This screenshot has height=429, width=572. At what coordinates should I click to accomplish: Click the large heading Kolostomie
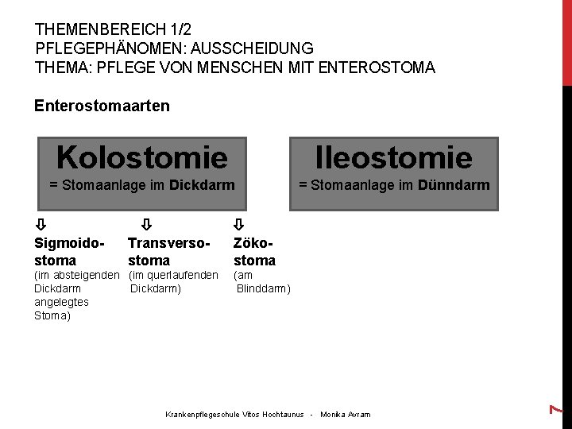[141, 157]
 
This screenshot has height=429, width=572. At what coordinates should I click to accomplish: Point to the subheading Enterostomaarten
[102, 106]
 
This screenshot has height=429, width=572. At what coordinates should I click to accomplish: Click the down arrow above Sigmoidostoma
[41, 225]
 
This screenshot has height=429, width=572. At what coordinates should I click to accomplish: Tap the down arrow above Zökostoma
[239, 225]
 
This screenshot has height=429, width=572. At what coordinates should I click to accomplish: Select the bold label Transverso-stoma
[167, 251]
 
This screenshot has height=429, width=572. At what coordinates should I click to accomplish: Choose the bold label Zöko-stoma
[254, 251]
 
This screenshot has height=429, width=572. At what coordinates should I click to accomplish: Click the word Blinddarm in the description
[264, 288]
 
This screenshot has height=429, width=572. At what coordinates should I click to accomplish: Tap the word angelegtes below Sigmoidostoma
[62, 302]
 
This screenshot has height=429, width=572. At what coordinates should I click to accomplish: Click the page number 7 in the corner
[558, 408]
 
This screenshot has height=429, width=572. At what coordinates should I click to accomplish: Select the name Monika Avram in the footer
[346, 415]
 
